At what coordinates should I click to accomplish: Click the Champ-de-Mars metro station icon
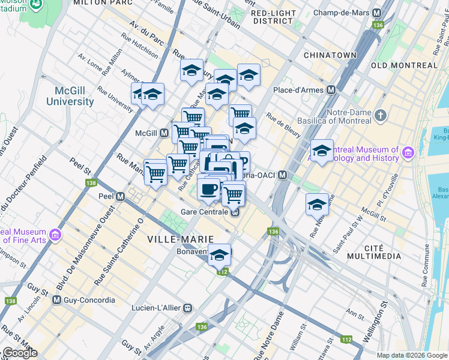point(378,13)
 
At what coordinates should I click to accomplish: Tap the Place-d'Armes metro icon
point(331,90)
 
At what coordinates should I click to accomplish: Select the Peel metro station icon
point(121,196)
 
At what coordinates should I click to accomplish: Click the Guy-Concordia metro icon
point(57,299)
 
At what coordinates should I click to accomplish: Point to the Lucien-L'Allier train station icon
point(187,308)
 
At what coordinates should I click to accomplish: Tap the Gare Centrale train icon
point(236,212)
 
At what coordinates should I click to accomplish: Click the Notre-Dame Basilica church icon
point(380,114)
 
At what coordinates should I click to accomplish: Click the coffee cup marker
point(208,188)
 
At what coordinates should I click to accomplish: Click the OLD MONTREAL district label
point(404,65)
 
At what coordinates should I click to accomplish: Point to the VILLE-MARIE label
point(175,239)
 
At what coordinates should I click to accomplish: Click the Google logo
point(19,353)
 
